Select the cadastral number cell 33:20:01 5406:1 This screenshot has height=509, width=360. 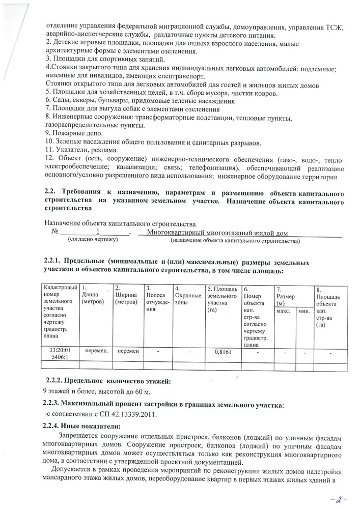pos(60,355)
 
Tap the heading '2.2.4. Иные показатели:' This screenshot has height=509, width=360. pos(84,426)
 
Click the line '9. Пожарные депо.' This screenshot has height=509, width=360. pos(67,132)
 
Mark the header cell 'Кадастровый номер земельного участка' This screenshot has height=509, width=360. pos(60,310)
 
